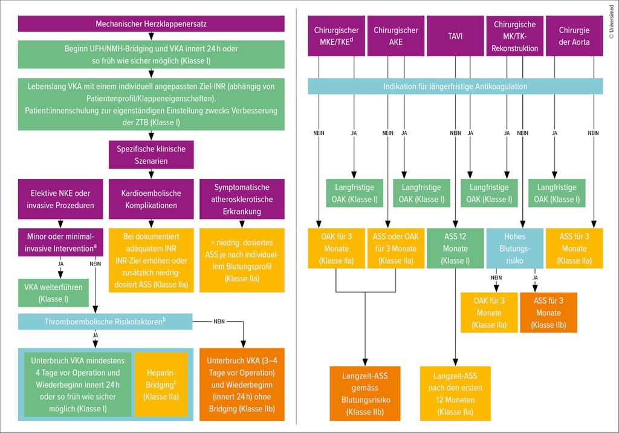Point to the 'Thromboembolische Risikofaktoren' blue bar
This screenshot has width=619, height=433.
click(x=106, y=322)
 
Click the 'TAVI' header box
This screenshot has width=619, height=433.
click(x=455, y=35)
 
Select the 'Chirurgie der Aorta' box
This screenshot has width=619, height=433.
click(x=574, y=35)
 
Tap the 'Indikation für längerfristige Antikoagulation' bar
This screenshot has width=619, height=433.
click(x=455, y=86)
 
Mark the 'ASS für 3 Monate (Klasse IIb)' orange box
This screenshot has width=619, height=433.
click(x=548, y=312)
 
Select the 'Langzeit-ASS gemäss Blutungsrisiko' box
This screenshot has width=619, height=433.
click(x=365, y=392)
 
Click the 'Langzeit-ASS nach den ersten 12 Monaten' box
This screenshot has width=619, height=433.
click(x=455, y=392)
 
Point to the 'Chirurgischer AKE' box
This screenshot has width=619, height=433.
click(x=396, y=35)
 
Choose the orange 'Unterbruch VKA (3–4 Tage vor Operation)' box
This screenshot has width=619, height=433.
click(x=245, y=383)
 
